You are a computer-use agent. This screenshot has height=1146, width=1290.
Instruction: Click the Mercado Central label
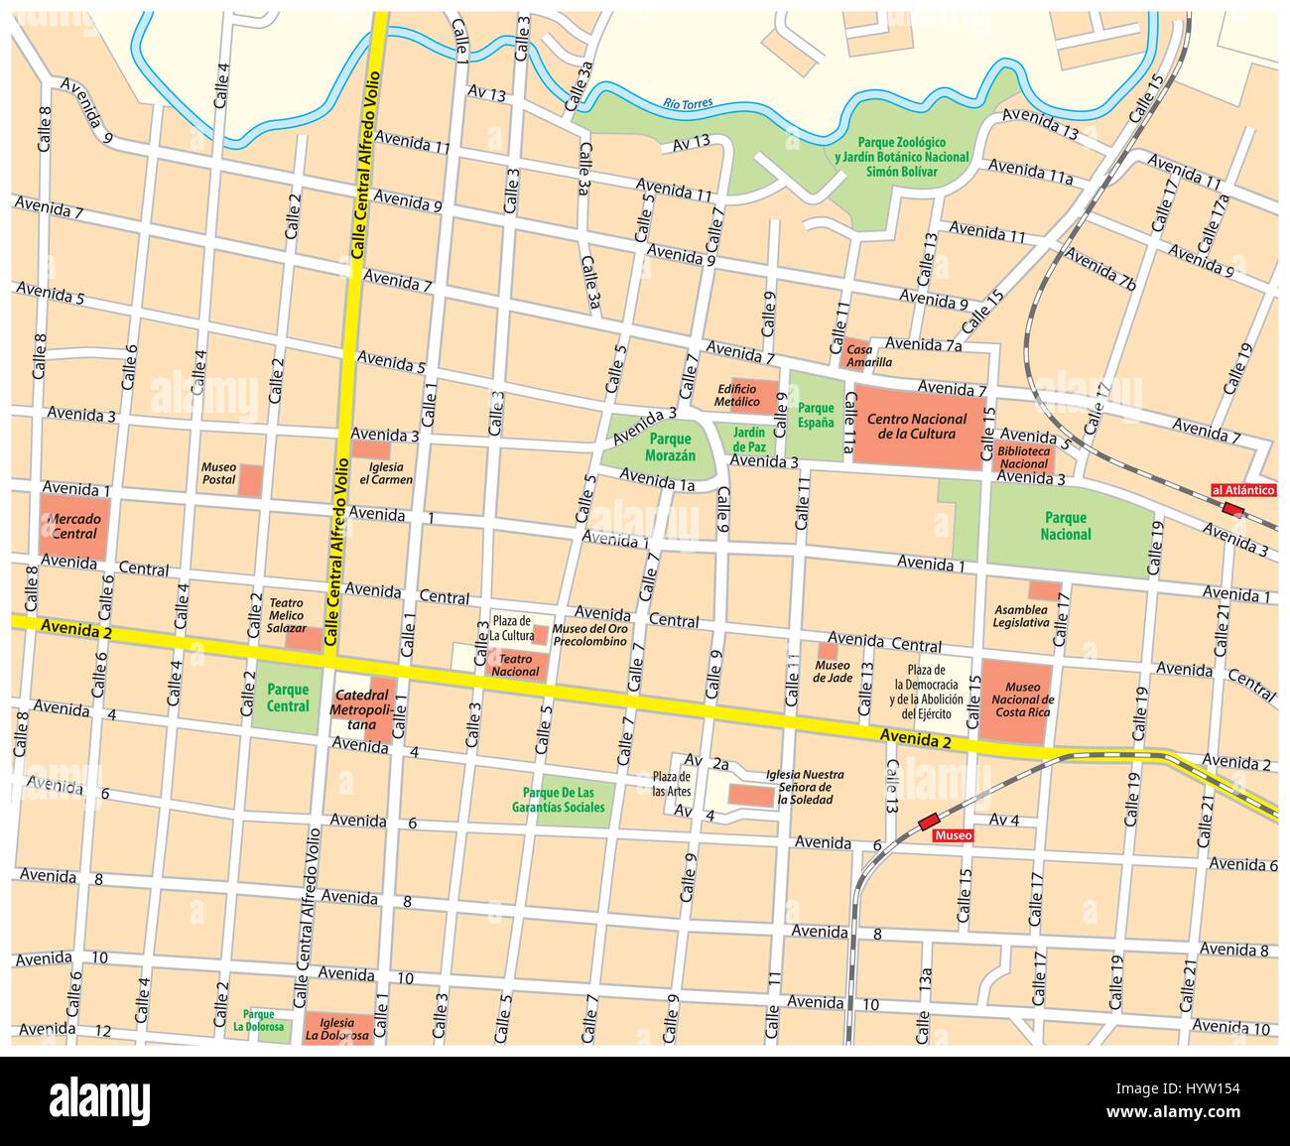tap(74, 526)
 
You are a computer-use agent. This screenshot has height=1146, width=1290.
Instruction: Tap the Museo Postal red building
tap(252, 480)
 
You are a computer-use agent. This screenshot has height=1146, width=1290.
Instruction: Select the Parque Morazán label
tap(670, 447)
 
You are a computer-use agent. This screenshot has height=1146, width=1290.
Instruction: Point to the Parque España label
tap(817, 416)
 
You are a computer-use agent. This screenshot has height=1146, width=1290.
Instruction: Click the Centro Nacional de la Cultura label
tap(911, 427)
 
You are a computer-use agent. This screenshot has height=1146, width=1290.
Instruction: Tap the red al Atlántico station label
tap(1242, 489)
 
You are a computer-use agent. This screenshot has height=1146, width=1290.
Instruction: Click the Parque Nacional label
tap(1066, 526)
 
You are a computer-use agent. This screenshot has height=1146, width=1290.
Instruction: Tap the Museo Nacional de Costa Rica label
tap(1022, 700)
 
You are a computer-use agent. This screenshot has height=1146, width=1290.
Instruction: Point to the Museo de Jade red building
tap(827, 651)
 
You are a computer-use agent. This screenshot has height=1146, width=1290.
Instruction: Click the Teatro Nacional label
tap(516, 665)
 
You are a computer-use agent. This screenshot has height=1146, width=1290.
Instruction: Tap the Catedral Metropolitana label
tap(361, 709)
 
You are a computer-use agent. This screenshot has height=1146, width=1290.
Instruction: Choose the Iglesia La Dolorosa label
tap(337, 1029)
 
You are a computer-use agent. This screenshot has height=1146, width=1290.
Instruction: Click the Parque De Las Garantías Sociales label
tap(564, 800)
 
